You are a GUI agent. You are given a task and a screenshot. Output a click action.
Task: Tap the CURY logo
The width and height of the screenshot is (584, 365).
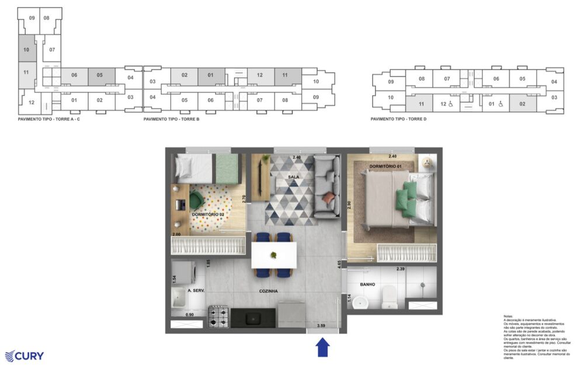[24, 356]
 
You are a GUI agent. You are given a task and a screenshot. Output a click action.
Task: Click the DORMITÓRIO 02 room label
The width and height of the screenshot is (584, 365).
[208, 214]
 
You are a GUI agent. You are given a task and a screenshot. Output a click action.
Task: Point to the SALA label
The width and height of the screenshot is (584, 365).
[294, 176]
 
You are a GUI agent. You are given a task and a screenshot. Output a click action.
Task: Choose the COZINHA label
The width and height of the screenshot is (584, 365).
[269, 290]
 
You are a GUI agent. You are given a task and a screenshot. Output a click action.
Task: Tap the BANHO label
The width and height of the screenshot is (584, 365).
[367, 285]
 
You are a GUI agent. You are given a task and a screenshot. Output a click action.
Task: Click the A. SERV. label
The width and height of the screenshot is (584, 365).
[196, 290]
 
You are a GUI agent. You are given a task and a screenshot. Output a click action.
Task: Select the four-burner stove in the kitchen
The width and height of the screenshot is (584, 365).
[218, 316]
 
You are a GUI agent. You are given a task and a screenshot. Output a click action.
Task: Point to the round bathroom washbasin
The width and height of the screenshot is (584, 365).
[362, 303]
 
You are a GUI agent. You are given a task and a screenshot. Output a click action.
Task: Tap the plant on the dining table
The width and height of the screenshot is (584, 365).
[274, 255]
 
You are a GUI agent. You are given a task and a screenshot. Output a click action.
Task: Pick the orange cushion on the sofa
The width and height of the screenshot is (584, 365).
[329, 199]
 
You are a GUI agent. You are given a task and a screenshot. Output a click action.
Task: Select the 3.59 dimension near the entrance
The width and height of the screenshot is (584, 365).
[320, 326]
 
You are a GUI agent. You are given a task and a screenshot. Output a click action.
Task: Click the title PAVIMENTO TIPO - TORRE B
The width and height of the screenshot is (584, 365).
[172, 119]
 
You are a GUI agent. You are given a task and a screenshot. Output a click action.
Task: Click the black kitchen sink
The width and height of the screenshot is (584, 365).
[253, 317]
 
